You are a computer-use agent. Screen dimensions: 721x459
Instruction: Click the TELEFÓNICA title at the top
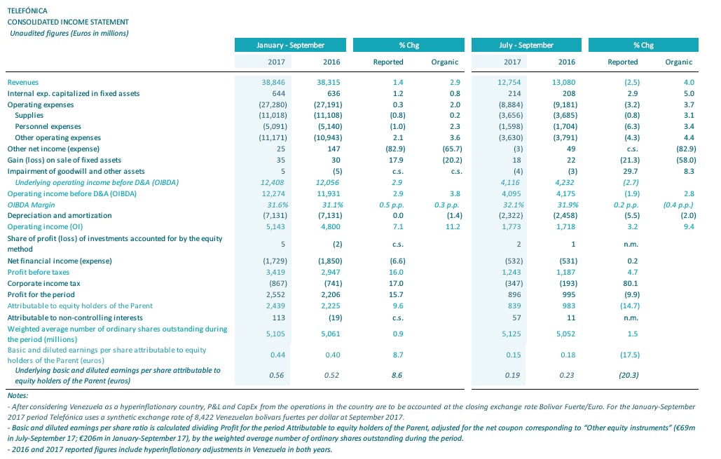(x=27, y=11)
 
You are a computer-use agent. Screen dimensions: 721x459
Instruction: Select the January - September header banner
(x=290, y=45)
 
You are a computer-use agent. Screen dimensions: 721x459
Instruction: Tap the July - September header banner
(x=526, y=45)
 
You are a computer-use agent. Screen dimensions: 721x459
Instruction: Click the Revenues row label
(x=23, y=82)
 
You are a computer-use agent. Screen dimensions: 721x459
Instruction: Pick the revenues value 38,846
(x=273, y=82)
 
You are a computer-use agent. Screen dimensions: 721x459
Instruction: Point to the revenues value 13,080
(x=563, y=82)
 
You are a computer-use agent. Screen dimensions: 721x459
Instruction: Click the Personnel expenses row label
(x=48, y=126)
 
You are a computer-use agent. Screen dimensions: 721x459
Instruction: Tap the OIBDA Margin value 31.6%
(x=277, y=205)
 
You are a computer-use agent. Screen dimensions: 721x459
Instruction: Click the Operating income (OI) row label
(x=45, y=227)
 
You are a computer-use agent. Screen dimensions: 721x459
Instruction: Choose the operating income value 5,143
(x=275, y=227)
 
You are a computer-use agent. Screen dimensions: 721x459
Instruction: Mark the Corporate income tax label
(x=43, y=283)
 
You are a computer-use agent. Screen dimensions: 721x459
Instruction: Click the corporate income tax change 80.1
(x=631, y=283)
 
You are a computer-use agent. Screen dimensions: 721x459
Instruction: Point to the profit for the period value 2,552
(x=275, y=294)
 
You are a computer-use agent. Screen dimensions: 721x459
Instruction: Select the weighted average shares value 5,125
(x=511, y=334)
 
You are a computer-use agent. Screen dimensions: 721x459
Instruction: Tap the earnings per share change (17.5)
(x=629, y=355)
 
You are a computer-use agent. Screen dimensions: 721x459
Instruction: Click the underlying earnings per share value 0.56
(x=276, y=376)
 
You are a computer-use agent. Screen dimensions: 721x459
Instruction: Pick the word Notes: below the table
(x=18, y=395)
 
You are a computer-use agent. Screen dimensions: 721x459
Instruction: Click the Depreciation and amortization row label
(x=60, y=215)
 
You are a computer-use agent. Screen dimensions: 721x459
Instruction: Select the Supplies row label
(x=29, y=116)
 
